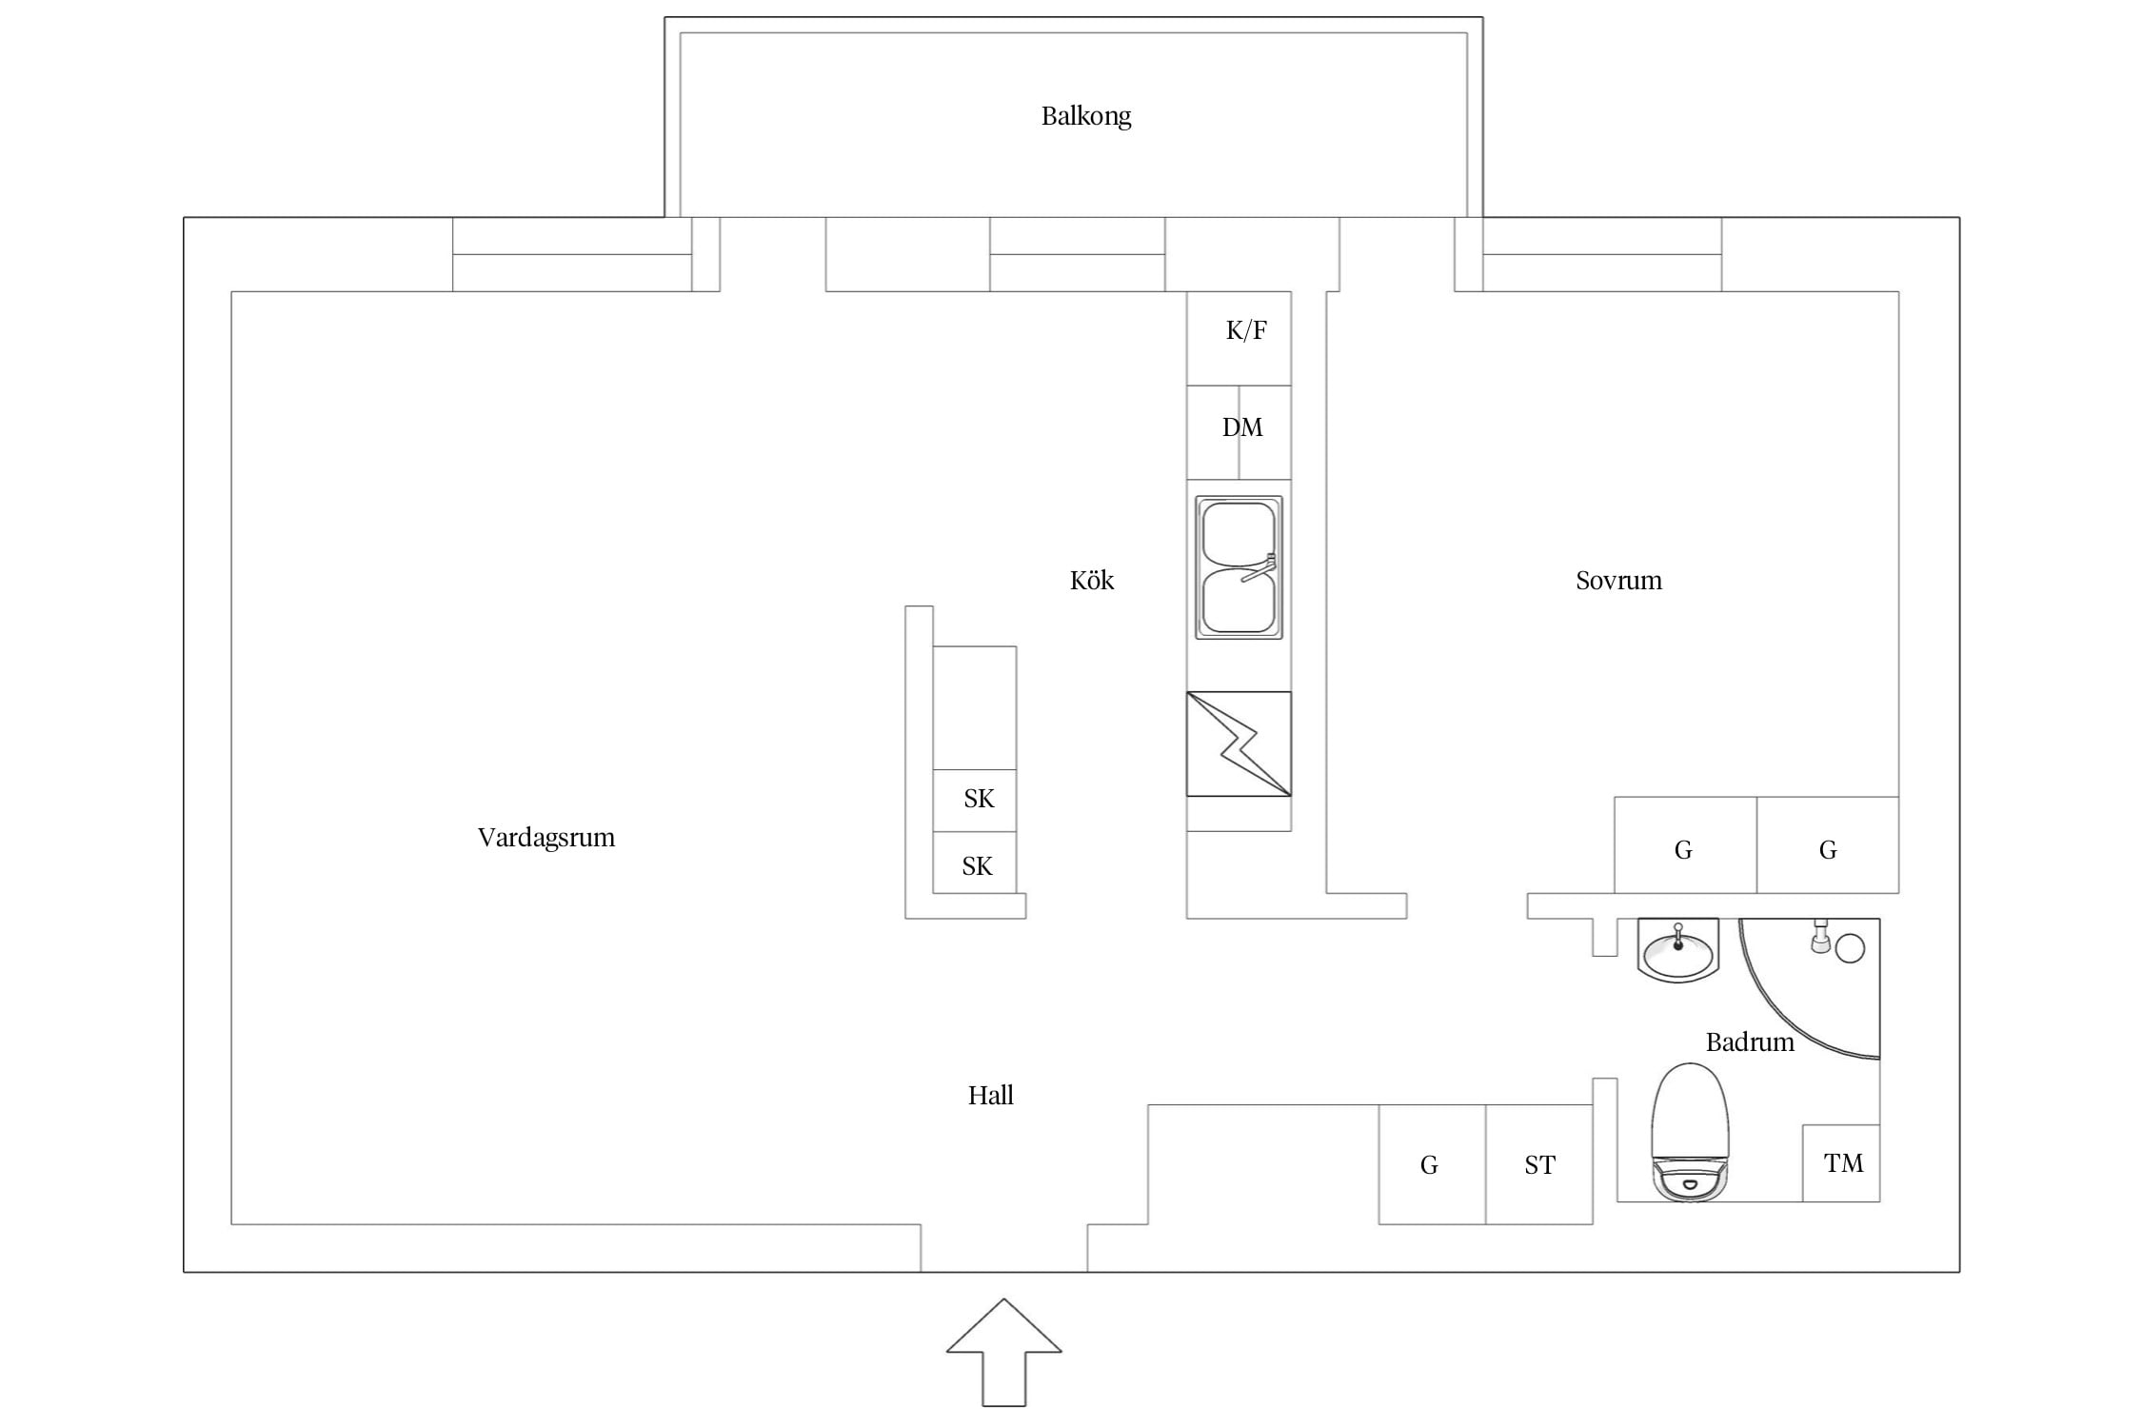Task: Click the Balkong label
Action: point(1085,116)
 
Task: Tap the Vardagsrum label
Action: point(546,838)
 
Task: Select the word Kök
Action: point(1091,580)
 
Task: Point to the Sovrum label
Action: point(1618,580)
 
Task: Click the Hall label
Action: point(990,1095)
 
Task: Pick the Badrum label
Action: point(1750,1041)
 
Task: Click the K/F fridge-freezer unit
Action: point(1239,338)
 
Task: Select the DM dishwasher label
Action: point(1242,427)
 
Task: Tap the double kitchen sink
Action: point(1239,567)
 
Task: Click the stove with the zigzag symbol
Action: point(1239,744)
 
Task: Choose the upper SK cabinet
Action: point(975,801)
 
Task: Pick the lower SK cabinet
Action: point(975,863)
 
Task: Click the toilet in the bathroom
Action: point(1689,1131)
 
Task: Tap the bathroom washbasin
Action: point(1677,951)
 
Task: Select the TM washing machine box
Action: point(1841,1163)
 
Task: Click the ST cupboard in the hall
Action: point(1539,1164)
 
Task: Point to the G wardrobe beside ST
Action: point(1432,1164)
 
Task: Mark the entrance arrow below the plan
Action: point(1004,1352)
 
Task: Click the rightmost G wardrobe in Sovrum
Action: point(1828,845)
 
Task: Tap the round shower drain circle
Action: point(1849,948)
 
